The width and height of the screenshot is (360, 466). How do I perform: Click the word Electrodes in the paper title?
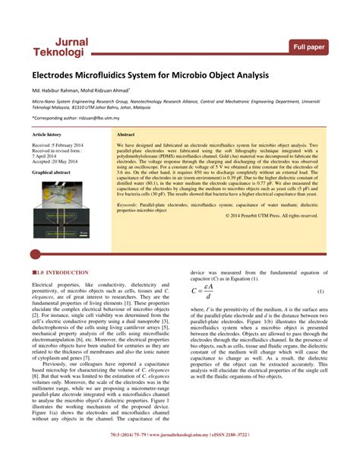pyautogui.click(x=58, y=77)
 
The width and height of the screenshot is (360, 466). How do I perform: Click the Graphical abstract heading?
pyautogui.click(x=53, y=173)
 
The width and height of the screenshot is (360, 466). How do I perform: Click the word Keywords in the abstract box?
pyautogui.click(x=131, y=204)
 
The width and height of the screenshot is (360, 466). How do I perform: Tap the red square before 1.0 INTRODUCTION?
pyautogui.click(x=34, y=272)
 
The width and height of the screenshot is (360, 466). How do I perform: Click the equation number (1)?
pyautogui.click(x=321, y=293)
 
